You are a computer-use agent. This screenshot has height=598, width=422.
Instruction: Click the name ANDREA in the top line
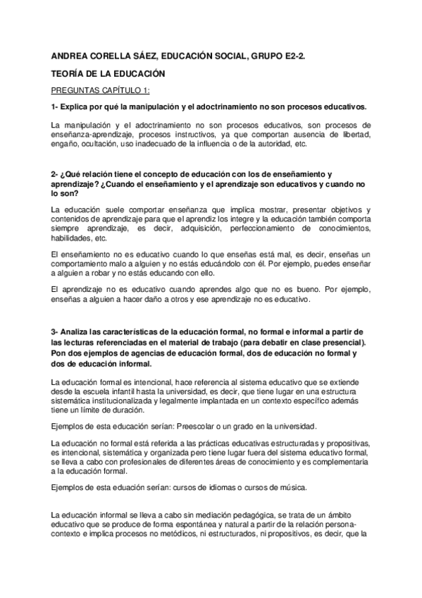tap(69, 55)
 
